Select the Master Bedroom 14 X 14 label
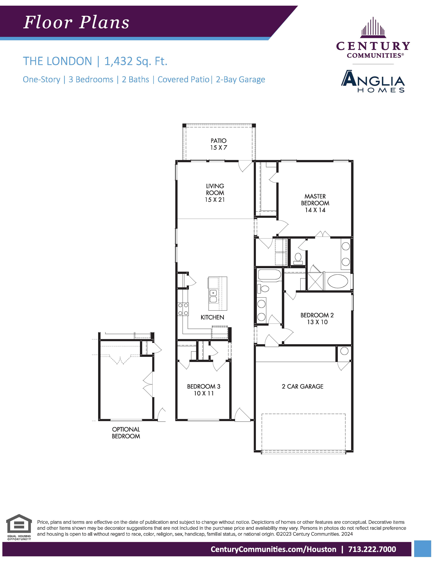[x=315, y=203]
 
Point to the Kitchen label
[x=212, y=317]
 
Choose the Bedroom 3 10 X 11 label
[x=204, y=390]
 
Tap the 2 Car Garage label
[x=303, y=386]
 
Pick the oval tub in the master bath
[x=338, y=282]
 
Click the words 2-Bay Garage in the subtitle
[x=240, y=80]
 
